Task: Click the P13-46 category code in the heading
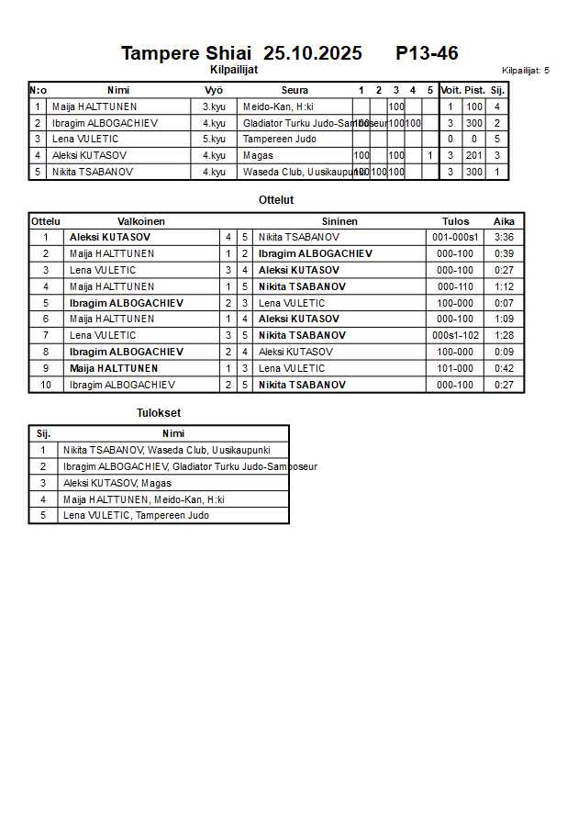[x=427, y=53]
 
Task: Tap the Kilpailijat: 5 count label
[x=526, y=70]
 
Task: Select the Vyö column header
[x=214, y=90]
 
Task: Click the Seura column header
[x=295, y=90]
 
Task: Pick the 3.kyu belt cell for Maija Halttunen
[x=214, y=106]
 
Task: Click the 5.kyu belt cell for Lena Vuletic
[x=214, y=140]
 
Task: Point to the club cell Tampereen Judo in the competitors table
[x=280, y=140]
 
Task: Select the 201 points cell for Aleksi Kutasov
[x=474, y=156]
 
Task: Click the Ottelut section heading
[x=276, y=199]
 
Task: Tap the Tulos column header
[x=455, y=221]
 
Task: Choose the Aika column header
[x=504, y=221]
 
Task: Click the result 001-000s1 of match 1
[x=455, y=238]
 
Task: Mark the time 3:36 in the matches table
[x=504, y=238]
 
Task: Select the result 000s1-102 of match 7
[x=455, y=336]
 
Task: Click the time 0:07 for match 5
[x=504, y=303]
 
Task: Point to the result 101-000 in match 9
[x=455, y=369]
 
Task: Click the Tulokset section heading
[x=159, y=413]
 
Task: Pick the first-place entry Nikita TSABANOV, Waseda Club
[x=166, y=451]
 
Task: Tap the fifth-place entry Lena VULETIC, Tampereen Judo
[x=136, y=516]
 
